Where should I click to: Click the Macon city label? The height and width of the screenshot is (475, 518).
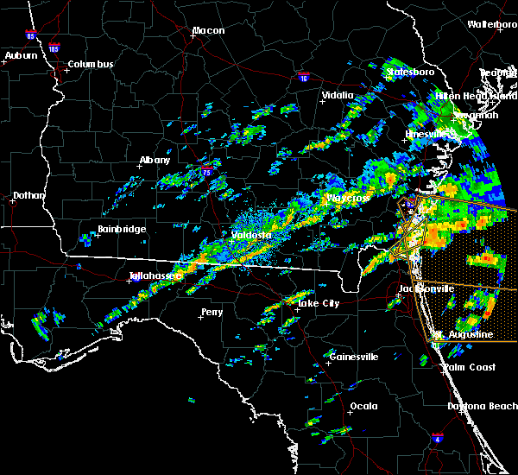tap(208, 31)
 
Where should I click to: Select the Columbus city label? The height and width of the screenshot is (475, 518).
tap(91, 65)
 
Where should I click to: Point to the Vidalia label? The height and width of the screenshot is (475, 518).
tap(338, 96)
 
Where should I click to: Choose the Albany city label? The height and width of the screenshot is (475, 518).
tap(155, 161)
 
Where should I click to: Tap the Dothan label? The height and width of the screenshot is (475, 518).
tap(28, 195)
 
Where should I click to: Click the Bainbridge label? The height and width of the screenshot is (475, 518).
tap(122, 230)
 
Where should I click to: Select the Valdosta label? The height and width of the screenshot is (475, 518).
tap(251, 235)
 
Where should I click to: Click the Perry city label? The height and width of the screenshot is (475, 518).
tap(212, 312)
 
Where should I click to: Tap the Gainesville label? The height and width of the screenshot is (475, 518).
tap(354, 357)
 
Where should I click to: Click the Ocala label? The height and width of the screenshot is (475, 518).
tap(363, 406)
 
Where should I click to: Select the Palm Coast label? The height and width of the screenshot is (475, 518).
tap(471, 367)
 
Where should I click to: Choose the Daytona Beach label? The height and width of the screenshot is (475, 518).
tap(482, 406)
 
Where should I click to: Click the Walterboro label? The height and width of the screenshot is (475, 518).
tap(492, 25)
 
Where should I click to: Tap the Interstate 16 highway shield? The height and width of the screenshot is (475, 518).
tap(303, 77)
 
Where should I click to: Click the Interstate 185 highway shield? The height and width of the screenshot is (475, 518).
tap(54, 48)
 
